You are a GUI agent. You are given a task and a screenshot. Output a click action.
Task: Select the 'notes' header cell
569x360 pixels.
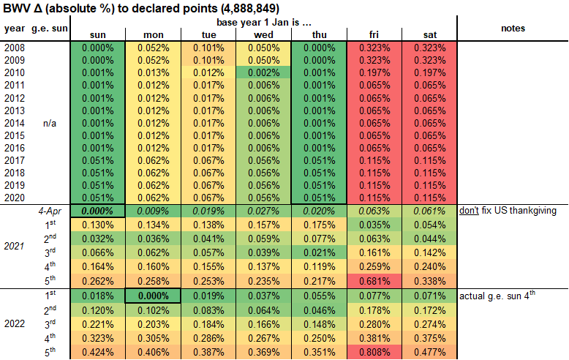click(x=513, y=28)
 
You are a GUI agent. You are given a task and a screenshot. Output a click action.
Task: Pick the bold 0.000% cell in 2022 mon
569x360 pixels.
click(x=153, y=295)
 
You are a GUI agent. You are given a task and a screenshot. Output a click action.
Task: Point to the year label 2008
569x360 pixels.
click(x=14, y=48)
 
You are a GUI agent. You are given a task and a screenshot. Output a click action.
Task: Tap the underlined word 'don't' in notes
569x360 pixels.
click(x=468, y=211)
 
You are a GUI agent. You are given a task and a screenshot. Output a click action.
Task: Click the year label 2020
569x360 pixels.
click(x=14, y=198)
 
